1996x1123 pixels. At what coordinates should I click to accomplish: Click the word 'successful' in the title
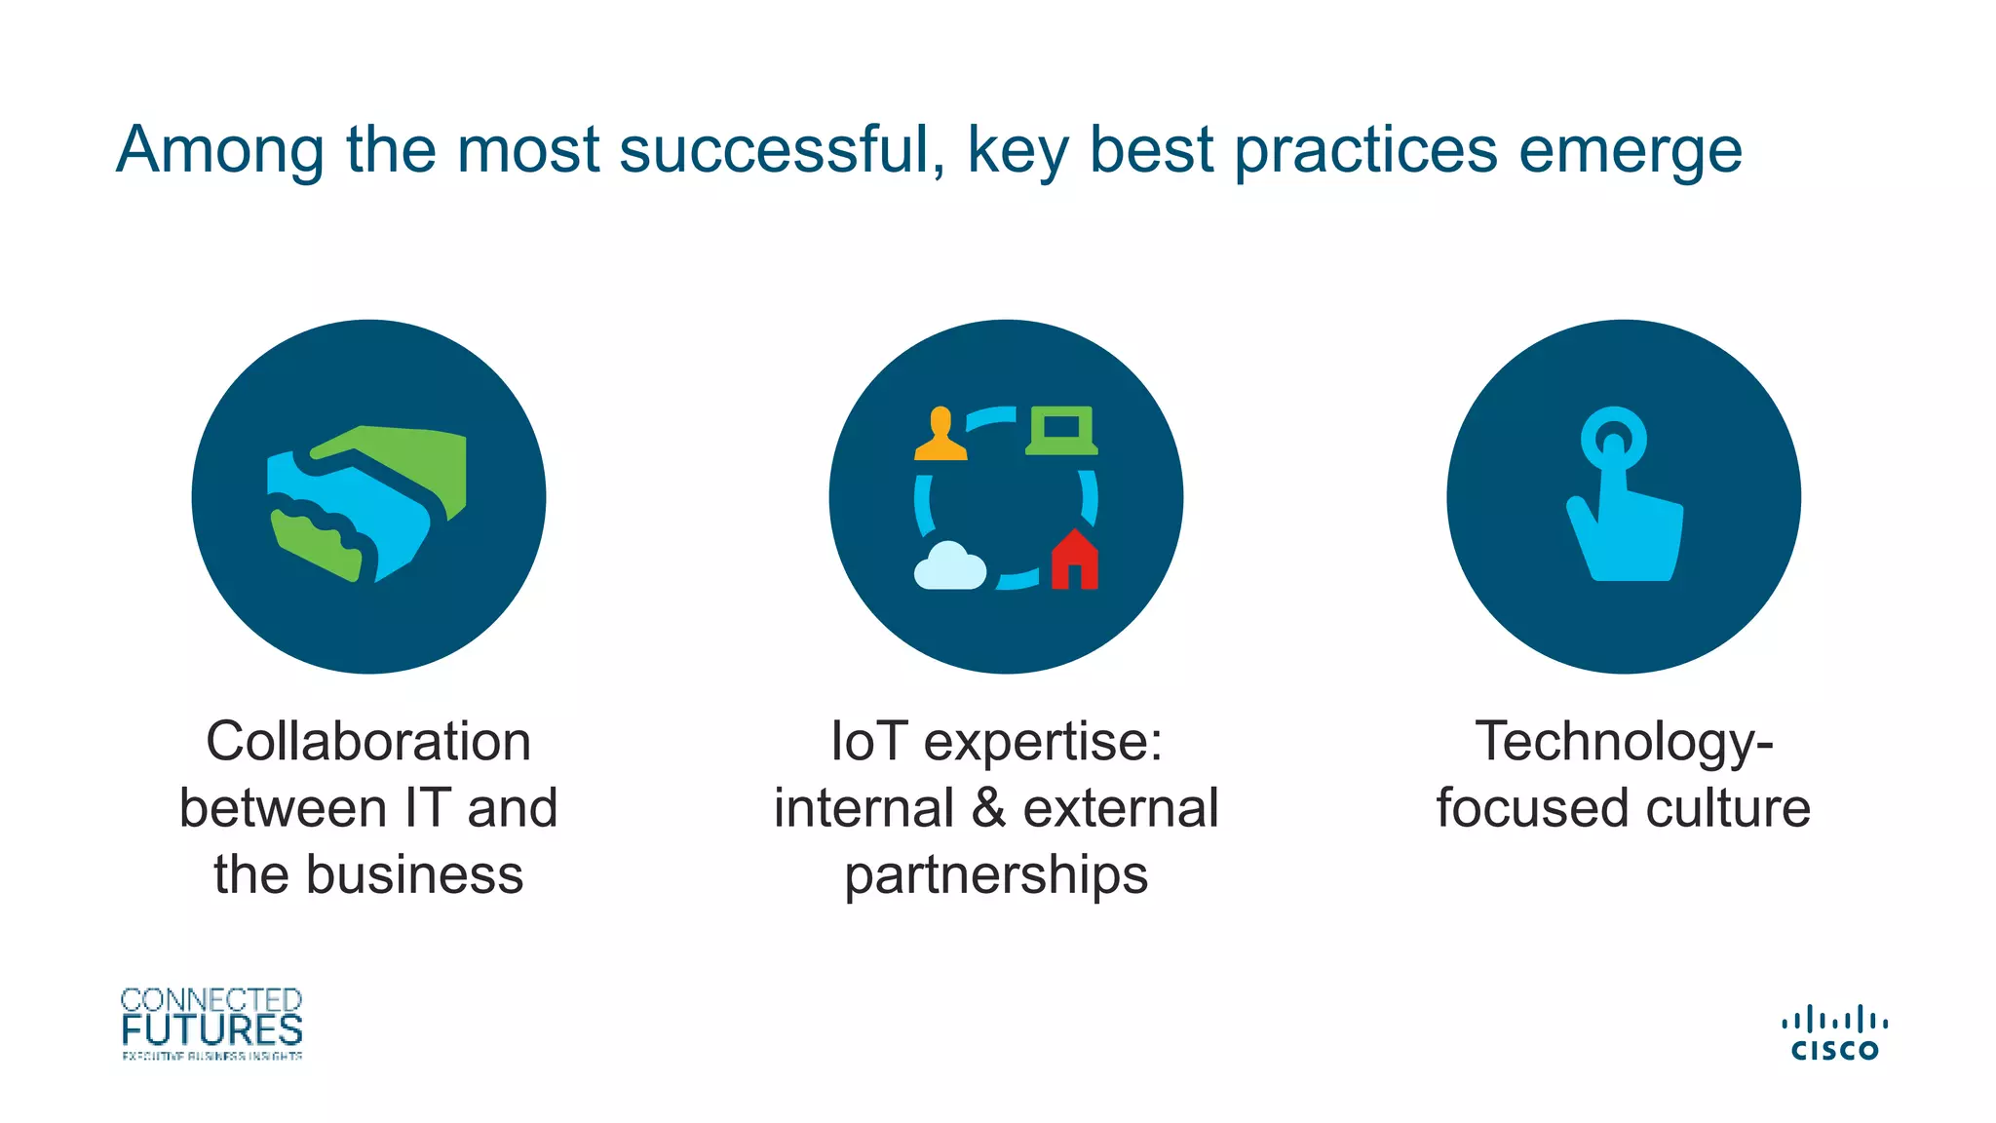pos(781,150)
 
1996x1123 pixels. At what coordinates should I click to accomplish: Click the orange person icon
pos(940,434)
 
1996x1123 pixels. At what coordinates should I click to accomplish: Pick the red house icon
pos(1074,561)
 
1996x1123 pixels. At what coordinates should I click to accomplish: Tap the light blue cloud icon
pos(949,566)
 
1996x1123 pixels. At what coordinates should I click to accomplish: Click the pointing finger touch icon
pos(1623,496)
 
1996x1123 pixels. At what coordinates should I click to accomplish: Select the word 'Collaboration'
pos(368,741)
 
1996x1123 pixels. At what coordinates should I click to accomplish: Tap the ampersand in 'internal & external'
pos(988,808)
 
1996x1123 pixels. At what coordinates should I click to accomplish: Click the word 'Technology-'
pos(1624,743)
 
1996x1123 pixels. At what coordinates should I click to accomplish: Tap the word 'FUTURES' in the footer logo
pos(211,1030)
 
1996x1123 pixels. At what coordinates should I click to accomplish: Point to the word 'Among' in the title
pos(220,150)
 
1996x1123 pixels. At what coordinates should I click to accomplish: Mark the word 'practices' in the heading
pos(1365,152)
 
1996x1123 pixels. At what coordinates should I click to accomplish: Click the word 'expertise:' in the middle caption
pos(1043,743)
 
